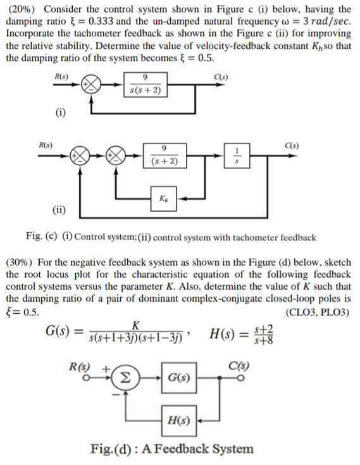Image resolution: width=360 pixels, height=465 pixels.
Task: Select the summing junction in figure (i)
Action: (92, 85)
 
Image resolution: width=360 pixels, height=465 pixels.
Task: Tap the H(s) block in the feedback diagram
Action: (177, 419)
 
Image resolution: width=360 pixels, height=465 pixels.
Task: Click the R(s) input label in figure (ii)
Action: (46, 145)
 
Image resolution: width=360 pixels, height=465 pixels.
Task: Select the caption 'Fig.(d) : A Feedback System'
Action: (172, 449)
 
